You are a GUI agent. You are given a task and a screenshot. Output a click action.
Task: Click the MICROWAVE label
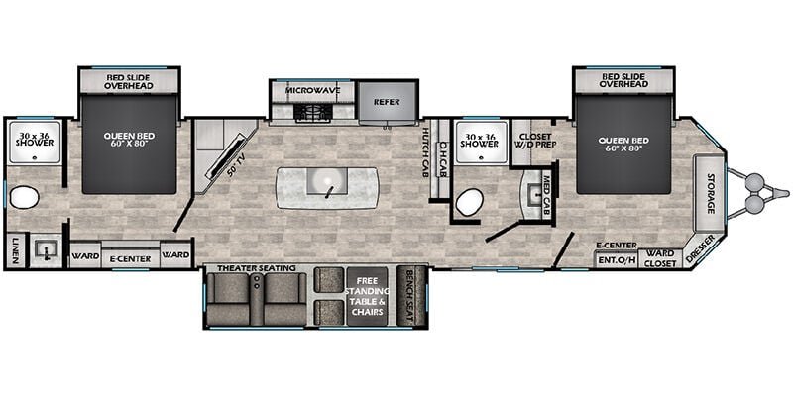click(313, 91)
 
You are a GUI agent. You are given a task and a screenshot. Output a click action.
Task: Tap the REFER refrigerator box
click(385, 102)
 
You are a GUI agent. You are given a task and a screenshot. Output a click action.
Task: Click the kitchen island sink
click(326, 184)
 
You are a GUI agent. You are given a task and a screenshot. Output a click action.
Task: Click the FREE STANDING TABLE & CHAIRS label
click(371, 296)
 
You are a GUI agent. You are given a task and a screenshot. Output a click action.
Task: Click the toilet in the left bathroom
click(24, 198)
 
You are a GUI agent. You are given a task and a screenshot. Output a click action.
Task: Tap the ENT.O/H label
click(615, 261)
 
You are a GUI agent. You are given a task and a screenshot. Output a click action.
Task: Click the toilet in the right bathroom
click(468, 202)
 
